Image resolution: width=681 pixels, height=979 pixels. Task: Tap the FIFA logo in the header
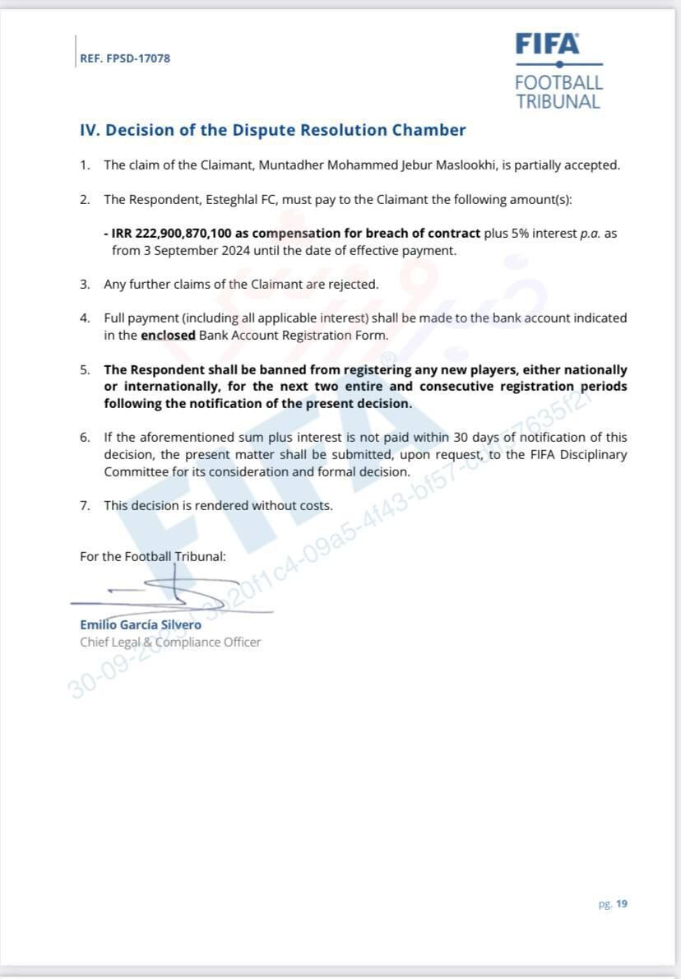pos(547,44)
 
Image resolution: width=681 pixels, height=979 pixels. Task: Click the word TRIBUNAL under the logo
pos(558,101)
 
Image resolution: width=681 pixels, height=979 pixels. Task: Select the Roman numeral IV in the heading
pos(89,130)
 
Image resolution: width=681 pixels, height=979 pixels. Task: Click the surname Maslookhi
pos(464,165)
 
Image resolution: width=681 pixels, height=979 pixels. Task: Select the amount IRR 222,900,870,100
pos(172,233)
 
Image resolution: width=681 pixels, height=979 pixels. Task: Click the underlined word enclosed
pos(168,335)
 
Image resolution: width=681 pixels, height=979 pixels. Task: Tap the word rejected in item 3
pos(354,284)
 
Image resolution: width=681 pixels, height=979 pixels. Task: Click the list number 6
pos(84,438)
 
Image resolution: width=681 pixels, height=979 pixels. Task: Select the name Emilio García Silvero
pos(141,624)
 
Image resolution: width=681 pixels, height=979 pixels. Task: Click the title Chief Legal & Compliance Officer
pos(170,642)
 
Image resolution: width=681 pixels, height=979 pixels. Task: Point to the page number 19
pos(622,903)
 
